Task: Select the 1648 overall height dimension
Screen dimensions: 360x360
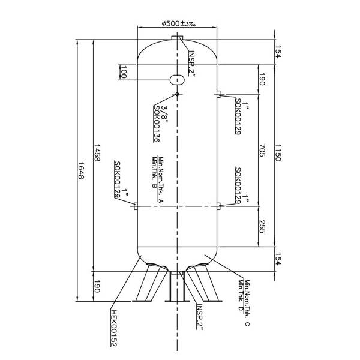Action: tap(81, 174)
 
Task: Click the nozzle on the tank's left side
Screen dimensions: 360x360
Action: tap(136, 206)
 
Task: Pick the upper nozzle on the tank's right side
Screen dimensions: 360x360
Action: tap(219, 94)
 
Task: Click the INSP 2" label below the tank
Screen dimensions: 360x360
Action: tap(200, 316)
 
